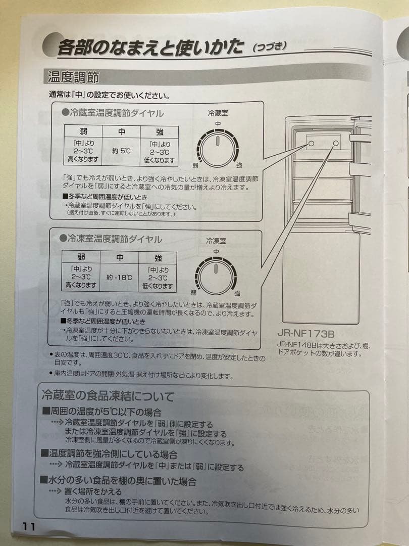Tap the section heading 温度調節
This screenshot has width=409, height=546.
click(x=73, y=77)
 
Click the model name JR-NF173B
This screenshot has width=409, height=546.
click(x=306, y=334)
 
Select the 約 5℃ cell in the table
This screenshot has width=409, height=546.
click(x=121, y=151)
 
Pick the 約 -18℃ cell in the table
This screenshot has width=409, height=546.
click(x=120, y=277)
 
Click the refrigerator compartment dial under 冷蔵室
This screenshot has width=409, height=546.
click(x=217, y=147)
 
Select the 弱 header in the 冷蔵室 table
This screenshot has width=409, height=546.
click(x=83, y=131)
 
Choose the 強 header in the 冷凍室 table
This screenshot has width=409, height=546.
click(x=158, y=258)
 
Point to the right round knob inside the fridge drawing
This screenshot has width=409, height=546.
click(x=336, y=144)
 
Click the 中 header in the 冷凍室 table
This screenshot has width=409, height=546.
click(x=120, y=258)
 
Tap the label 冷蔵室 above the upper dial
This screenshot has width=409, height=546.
click(x=218, y=113)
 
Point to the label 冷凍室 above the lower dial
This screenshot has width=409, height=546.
click(x=216, y=241)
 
